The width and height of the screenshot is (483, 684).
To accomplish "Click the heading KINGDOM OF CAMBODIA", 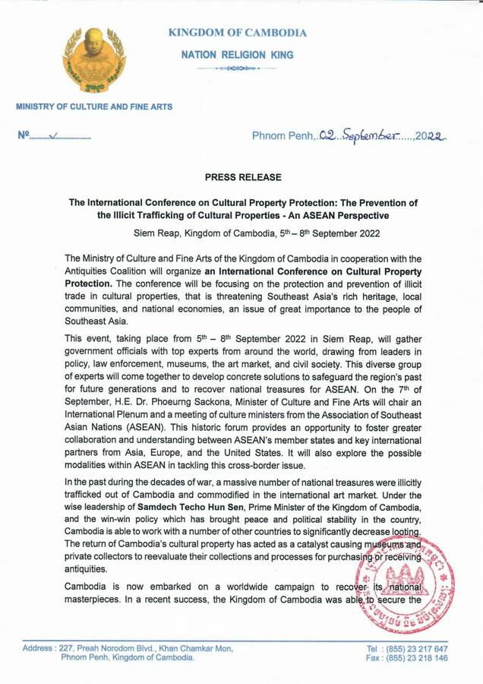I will (x=237, y=33).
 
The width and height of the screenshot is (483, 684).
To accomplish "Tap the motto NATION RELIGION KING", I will (x=237, y=55).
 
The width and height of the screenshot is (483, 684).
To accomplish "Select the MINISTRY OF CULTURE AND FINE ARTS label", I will (x=94, y=106).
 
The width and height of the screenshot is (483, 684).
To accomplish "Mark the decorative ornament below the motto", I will (x=236, y=69).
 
